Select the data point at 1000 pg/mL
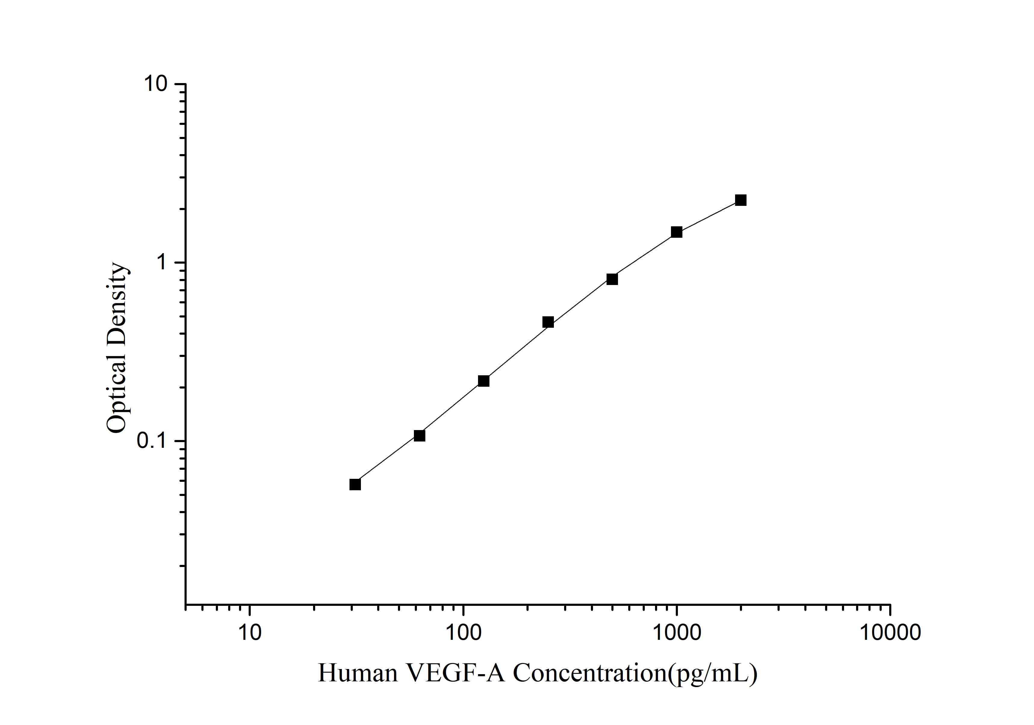coord(676,232)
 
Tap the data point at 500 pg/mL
coord(612,279)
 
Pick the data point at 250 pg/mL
coord(548,322)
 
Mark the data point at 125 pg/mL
coord(484,381)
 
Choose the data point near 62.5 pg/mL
coord(419,435)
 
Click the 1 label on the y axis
coord(162,262)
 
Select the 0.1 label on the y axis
coord(151,441)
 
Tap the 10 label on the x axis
coord(249,632)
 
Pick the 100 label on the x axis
coord(463,632)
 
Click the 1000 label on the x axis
coord(676,632)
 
